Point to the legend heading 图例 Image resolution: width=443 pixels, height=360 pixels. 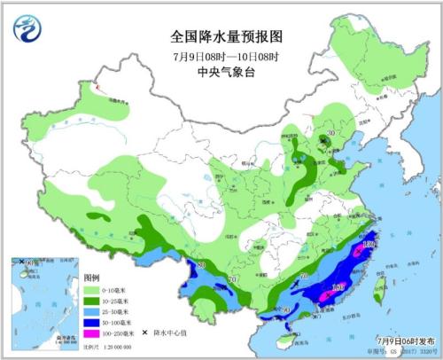pos(91,278)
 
